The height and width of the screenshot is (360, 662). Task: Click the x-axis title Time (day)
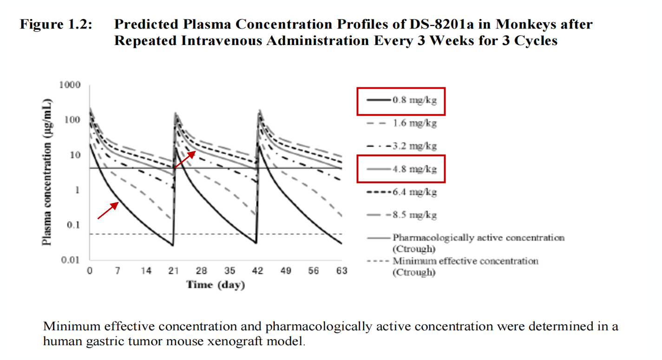215,285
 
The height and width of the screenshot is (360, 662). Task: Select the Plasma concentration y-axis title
47,172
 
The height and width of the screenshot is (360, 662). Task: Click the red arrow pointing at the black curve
107,210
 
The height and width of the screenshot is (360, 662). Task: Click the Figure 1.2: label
56,25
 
